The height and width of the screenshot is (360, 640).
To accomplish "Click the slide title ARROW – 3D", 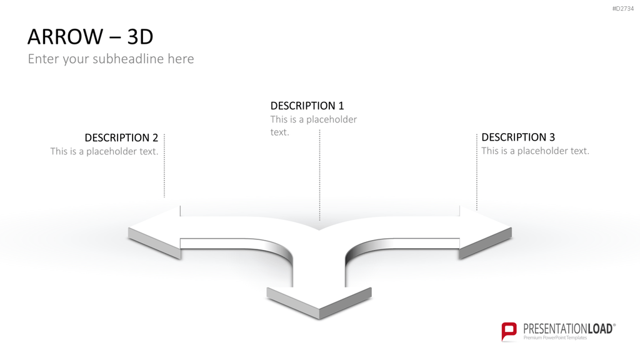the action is pos(90,36).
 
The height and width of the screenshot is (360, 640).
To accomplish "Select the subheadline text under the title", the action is pos(111,59).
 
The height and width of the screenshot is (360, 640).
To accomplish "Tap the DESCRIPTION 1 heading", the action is pos(307,106).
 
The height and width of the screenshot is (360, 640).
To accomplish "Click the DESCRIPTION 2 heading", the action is pos(121,137).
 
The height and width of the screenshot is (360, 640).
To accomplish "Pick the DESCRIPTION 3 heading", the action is pos(518,137).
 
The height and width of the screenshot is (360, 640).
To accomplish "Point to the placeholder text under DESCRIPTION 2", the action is pos(104,151).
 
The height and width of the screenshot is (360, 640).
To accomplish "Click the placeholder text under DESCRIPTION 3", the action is pos(535,151).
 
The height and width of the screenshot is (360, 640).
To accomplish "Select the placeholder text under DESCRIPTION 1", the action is pos(314,126).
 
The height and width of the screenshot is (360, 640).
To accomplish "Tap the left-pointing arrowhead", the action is pos(154,231).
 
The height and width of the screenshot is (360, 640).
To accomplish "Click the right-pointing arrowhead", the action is pos(485,231).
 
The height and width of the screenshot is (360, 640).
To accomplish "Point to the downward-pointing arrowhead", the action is pos(319,302).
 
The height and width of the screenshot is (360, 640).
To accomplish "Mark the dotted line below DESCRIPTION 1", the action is pos(319,175).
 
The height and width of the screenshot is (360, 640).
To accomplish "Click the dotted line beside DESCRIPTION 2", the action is pos(164,165).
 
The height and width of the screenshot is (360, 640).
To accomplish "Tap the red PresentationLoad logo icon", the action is pos(509,331).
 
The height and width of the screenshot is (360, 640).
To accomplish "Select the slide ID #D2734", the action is pos(623,9).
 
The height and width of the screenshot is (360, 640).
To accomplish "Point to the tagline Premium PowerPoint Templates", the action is pos(555,338).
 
